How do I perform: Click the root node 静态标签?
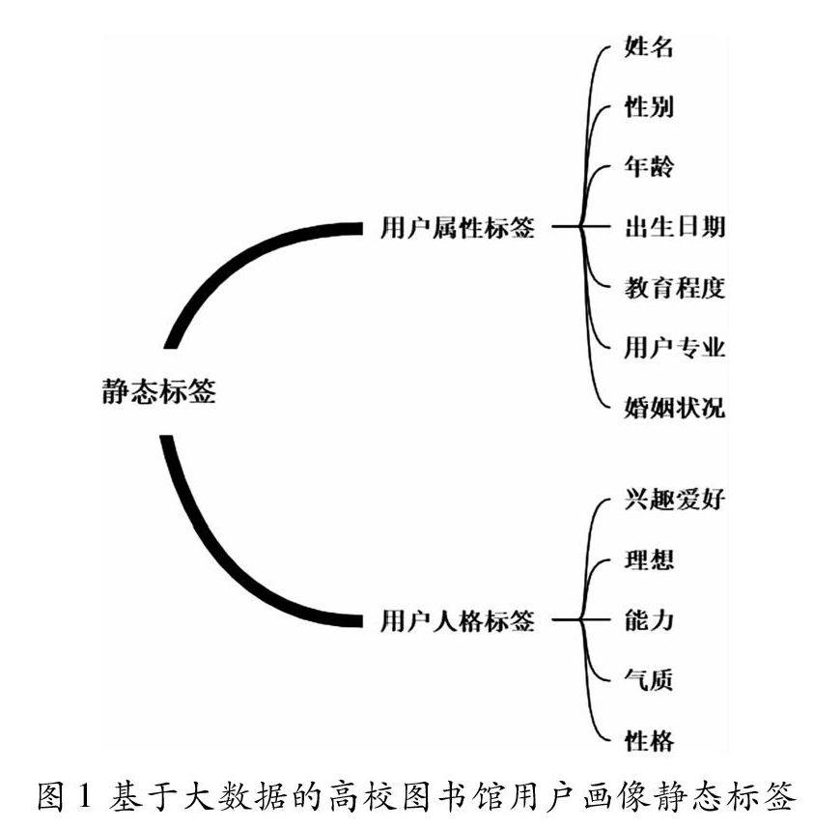click(x=158, y=392)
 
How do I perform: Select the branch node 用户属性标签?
click(x=458, y=228)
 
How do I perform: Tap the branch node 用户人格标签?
click(x=458, y=620)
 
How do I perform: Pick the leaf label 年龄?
click(x=649, y=168)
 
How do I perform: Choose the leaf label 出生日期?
click(x=674, y=228)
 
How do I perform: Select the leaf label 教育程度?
click(x=674, y=288)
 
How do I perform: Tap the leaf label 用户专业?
click(x=674, y=348)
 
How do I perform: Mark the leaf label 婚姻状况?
click(x=674, y=408)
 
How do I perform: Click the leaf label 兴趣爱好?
click(x=674, y=501)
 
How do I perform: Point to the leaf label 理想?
click(x=649, y=560)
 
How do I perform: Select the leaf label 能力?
click(x=649, y=620)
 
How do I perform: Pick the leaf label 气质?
click(x=649, y=680)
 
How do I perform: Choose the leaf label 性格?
click(x=649, y=740)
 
